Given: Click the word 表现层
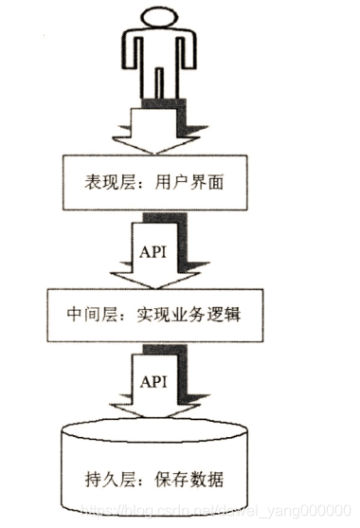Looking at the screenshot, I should [x=98, y=176].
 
